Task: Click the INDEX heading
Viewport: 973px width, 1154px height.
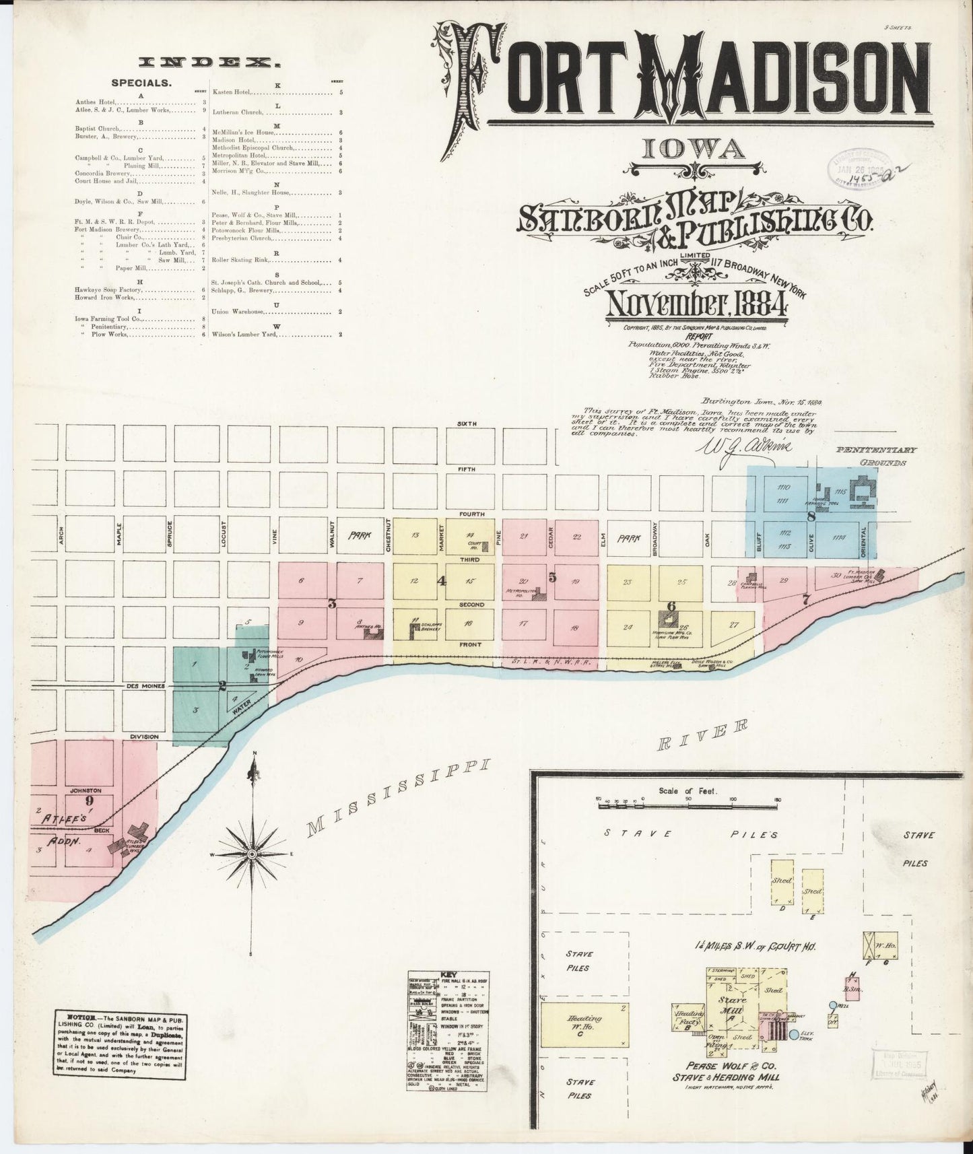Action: tap(209, 63)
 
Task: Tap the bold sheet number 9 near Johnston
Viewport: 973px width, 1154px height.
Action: tap(89, 801)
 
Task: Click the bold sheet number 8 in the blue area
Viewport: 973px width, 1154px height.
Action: tap(811, 517)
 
